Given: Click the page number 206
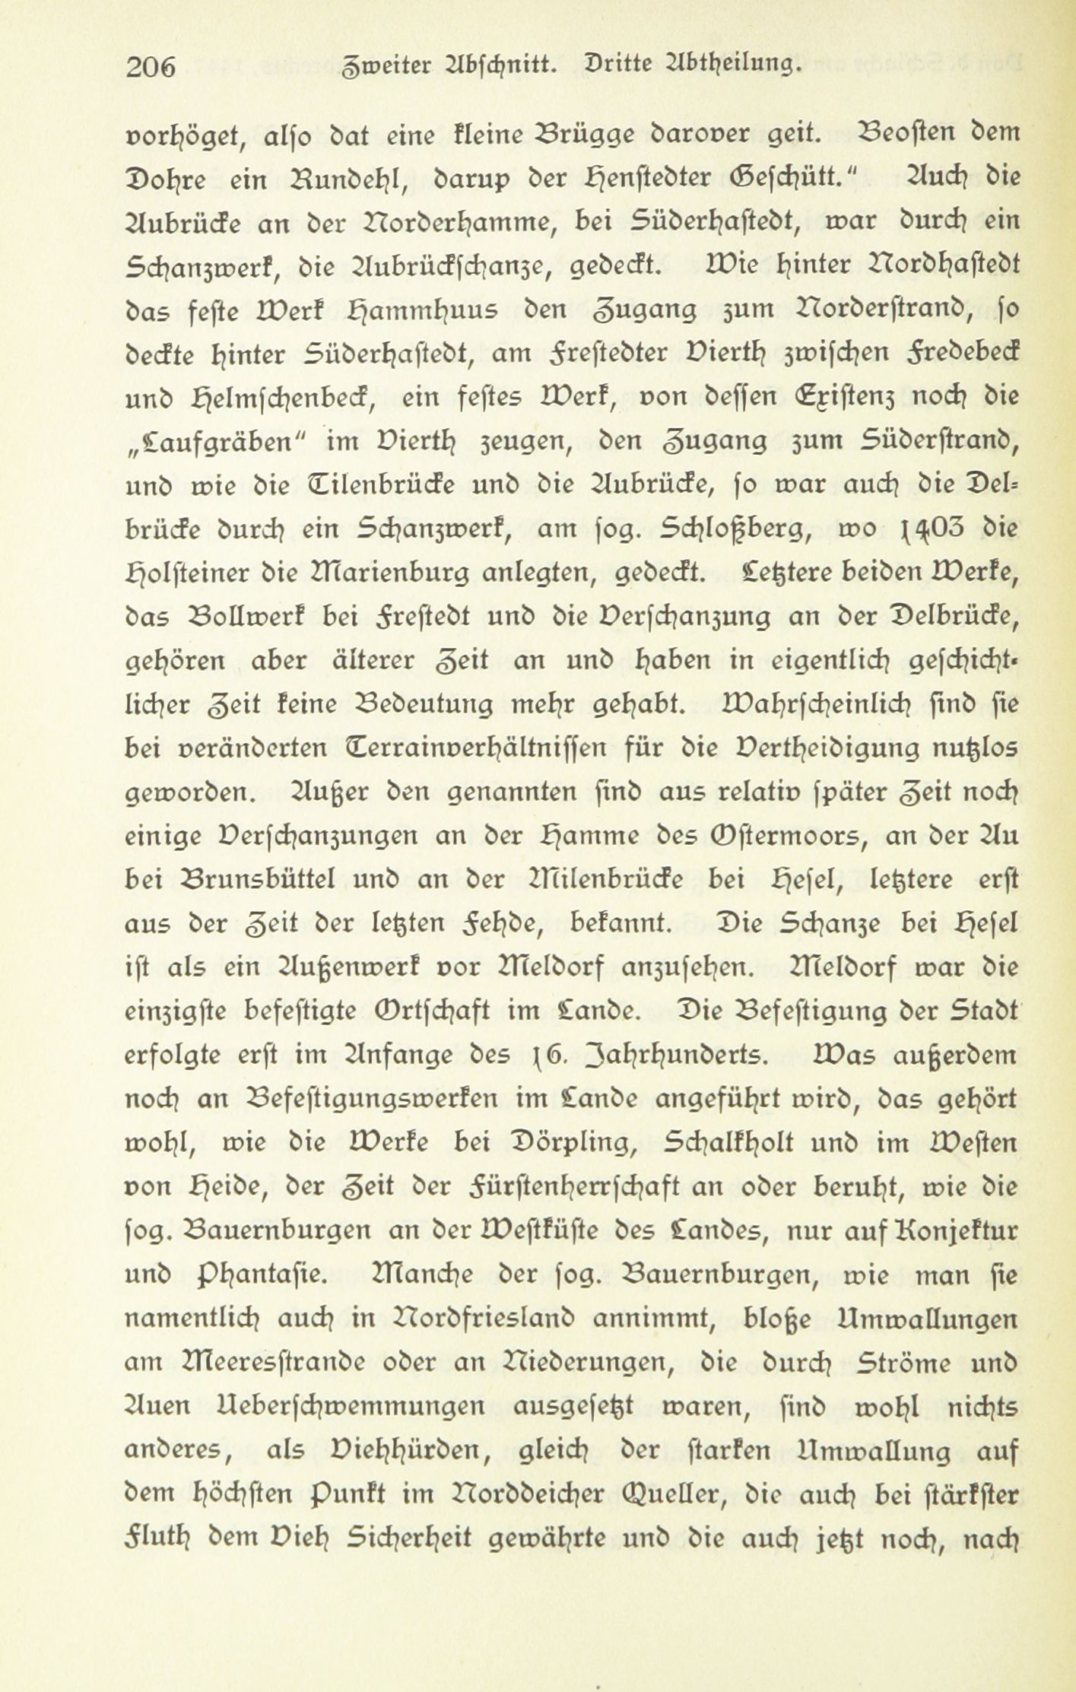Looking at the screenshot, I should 152,68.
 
